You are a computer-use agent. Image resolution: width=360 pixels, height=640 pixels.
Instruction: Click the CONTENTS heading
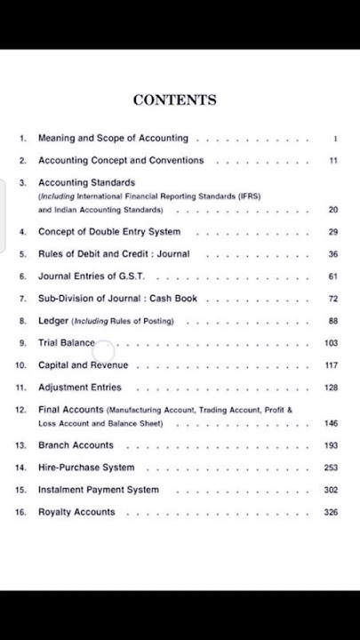point(174,100)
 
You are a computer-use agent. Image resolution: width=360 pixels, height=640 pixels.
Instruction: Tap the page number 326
point(331,512)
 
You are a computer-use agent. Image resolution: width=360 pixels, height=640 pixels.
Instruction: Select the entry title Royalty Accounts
point(76,512)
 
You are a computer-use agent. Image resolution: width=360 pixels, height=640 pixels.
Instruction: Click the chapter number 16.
point(21,512)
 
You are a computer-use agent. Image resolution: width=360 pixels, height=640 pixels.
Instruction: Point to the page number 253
point(331,468)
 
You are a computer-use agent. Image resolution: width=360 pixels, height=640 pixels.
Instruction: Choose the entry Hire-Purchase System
point(86,468)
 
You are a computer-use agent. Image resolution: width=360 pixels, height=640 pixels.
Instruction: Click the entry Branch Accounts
point(76,445)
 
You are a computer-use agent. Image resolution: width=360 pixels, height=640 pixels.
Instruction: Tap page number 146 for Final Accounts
point(331,424)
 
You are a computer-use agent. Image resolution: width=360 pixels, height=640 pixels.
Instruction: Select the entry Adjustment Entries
point(80,388)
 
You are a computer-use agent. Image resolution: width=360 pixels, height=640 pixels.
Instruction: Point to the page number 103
point(331,343)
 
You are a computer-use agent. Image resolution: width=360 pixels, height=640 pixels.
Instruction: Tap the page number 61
point(332,276)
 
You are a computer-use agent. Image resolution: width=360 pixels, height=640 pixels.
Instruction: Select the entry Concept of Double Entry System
point(109,232)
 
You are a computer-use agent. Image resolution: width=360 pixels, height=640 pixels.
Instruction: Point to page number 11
point(332,161)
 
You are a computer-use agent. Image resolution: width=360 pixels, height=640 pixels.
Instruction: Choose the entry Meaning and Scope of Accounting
point(113,139)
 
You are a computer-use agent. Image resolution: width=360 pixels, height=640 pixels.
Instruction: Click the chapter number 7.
point(23,299)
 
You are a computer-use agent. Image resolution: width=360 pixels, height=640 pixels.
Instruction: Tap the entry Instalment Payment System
point(99,490)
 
